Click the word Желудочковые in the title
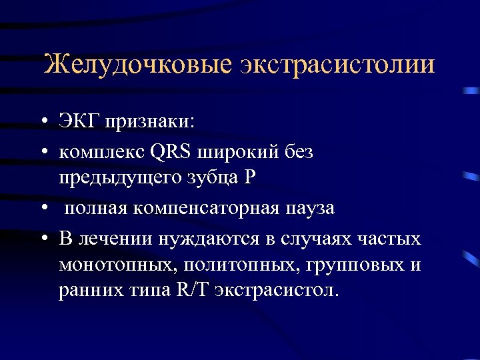pos(137,65)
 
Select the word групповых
pos(356,265)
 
